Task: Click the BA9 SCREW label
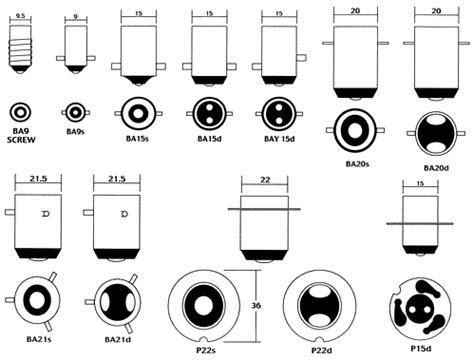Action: tap(21, 136)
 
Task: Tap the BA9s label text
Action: tap(75, 132)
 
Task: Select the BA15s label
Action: tap(137, 138)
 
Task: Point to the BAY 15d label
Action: tap(279, 139)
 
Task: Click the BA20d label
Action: tap(436, 168)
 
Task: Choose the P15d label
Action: tap(421, 348)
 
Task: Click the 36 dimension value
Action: tap(256, 305)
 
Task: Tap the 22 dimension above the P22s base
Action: tap(265, 180)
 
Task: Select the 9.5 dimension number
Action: tap(20, 16)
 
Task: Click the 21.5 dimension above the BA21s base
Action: tap(38, 179)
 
